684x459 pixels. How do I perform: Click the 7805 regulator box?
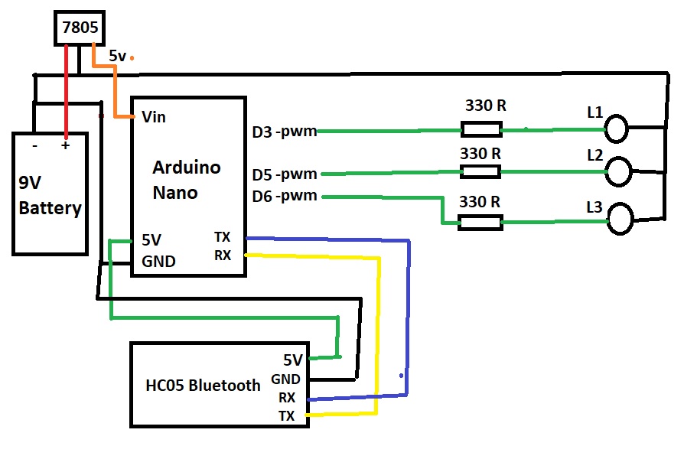click(80, 28)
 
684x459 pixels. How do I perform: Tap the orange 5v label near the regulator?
click(118, 56)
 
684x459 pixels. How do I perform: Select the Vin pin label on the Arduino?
click(154, 117)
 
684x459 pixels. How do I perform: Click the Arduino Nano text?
click(186, 180)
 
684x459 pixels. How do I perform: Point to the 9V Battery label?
click(50, 196)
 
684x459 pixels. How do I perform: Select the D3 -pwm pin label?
click(284, 132)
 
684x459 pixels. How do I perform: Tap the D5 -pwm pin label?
click(284, 174)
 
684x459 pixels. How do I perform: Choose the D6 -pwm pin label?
click(284, 196)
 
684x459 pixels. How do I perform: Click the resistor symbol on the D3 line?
click(481, 129)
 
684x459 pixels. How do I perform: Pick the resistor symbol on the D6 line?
click(480, 223)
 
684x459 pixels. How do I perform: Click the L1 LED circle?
click(617, 129)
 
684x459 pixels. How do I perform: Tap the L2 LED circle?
click(620, 172)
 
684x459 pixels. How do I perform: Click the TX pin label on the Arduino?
click(223, 237)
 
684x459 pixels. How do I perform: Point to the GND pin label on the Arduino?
click(158, 261)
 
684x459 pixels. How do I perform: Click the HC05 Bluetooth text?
click(203, 385)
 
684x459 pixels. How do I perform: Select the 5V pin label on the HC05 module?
click(292, 360)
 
